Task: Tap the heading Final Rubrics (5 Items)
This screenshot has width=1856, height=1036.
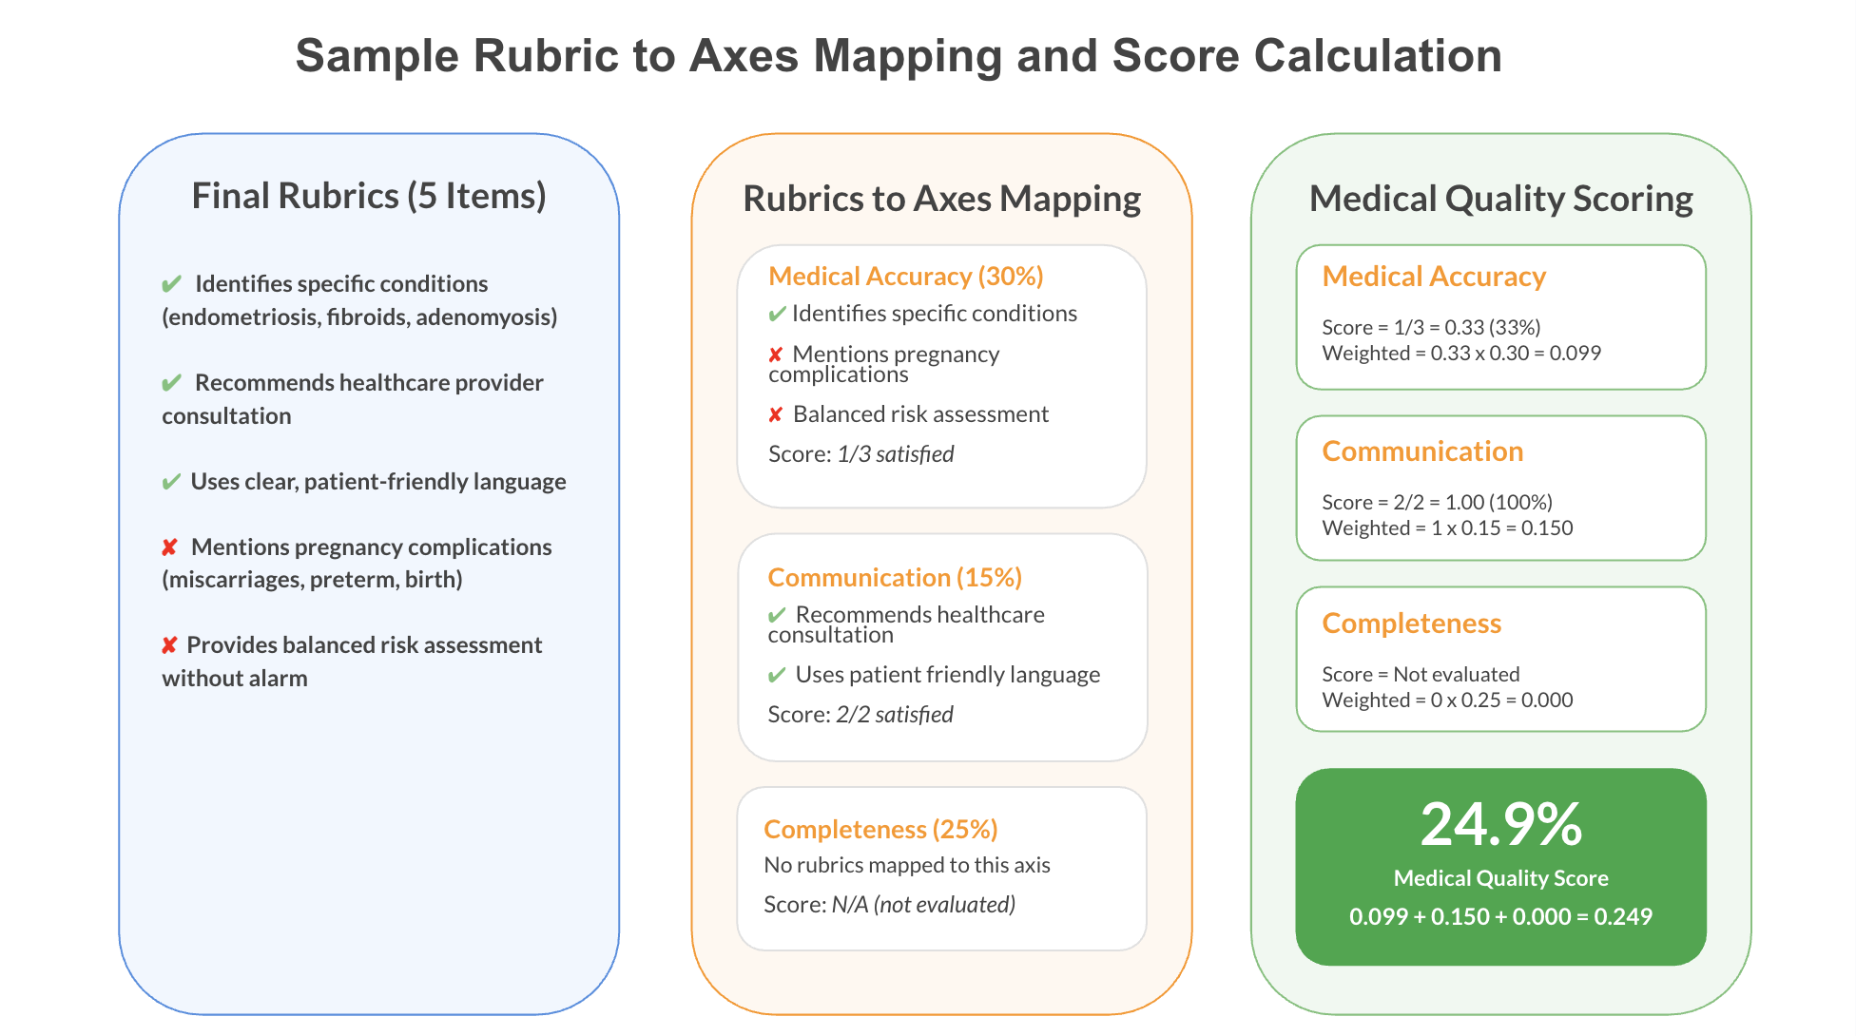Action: [x=369, y=196]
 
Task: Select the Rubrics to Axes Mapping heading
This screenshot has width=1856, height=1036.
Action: [x=941, y=199]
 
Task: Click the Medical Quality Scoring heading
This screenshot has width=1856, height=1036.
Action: [x=1501, y=199]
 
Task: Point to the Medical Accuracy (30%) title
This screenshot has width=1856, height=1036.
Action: [x=906, y=276]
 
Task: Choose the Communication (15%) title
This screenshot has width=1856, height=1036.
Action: [x=895, y=577]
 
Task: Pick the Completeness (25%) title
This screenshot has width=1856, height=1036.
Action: [x=880, y=829]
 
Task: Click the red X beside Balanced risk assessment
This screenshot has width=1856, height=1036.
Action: [x=776, y=414]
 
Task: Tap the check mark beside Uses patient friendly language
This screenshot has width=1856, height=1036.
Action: [x=777, y=675]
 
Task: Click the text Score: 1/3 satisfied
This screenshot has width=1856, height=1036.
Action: [x=860, y=454]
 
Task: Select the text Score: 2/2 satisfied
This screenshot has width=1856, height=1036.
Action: [x=860, y=715]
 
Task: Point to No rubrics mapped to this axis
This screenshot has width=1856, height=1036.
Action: [x=907, y=865]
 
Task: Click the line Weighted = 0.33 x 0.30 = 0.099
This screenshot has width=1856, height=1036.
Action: [x=1461, y=354]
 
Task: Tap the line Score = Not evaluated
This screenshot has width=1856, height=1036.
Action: [x=1421, y=674]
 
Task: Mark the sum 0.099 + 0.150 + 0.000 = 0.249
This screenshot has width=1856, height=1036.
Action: [x=1501, y=916]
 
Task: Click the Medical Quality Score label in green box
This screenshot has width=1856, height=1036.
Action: [x=1501, y=878]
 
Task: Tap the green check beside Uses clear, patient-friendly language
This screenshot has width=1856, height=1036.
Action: [x=171, y=482]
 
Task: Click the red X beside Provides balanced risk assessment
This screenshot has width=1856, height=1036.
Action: [x=169, y=645]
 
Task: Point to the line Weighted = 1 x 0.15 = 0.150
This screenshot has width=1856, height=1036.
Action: [x=1447, y=528]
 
